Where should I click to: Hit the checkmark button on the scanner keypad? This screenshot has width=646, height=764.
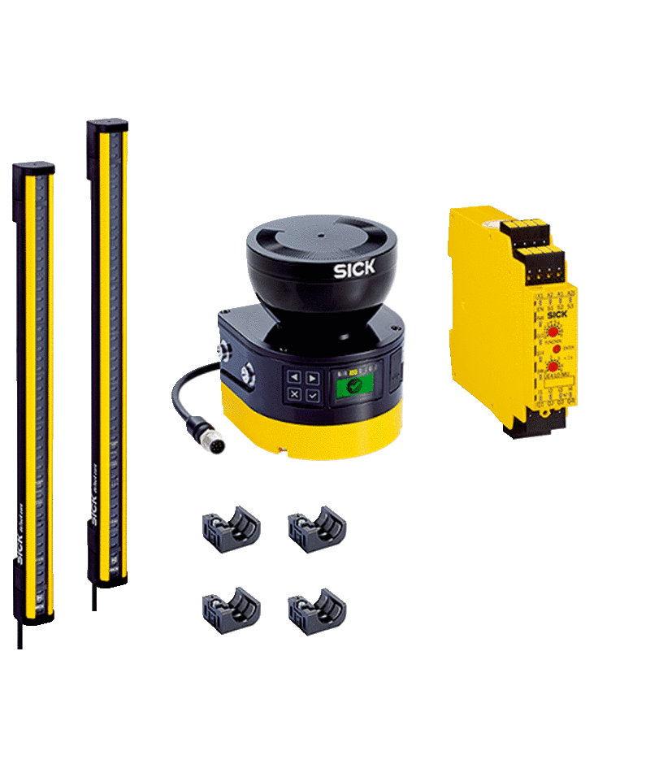(x=312, y=395)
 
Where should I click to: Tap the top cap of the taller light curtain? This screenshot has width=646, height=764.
(x=107, y=125)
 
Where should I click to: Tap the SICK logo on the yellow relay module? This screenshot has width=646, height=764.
(x=557, y=315)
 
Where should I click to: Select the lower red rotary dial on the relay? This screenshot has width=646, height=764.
(x=553, y=367)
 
